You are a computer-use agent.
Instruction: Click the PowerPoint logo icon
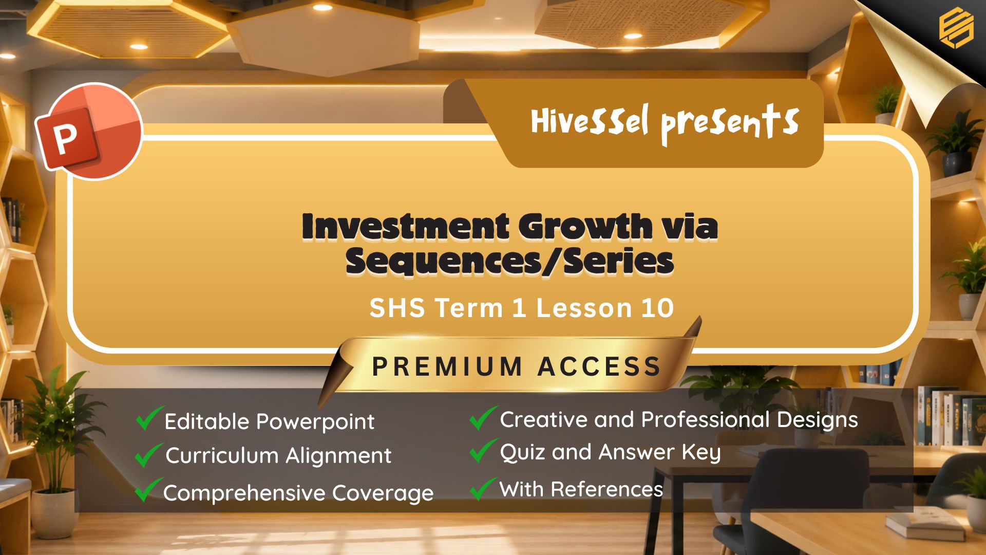(88, 131)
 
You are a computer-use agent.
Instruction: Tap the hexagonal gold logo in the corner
(956, 27)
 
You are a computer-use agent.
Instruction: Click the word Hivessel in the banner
(590, 121)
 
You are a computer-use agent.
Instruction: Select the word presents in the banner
(729, 123)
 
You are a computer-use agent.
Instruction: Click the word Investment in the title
(406, 226)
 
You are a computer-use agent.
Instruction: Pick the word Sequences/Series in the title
(509, 262)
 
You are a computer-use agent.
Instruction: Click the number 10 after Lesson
(657, 308)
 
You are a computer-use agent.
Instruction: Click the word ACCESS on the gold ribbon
(599, 366)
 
